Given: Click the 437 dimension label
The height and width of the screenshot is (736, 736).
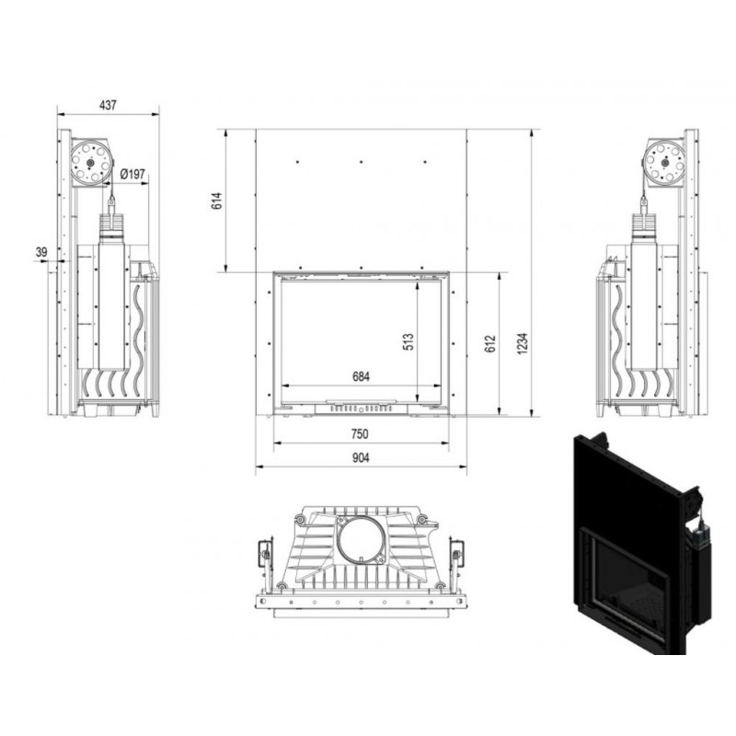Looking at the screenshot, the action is click(108, 105).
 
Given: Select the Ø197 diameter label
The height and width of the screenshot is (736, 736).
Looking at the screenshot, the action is click(132, 174).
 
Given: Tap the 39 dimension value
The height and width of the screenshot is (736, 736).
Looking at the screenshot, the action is click(41, 252).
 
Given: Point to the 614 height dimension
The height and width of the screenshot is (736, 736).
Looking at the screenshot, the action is click(217, 201).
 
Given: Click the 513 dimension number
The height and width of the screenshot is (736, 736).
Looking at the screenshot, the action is click(408, 341).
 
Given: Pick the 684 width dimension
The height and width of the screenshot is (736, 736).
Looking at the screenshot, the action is click(361, 376).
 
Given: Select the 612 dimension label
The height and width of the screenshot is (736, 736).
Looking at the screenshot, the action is click(489, 343).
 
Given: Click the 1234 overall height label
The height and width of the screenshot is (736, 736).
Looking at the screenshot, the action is click(523, 343).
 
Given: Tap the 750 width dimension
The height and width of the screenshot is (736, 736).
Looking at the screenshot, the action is click(360, 434).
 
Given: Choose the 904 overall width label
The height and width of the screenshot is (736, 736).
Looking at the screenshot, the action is click(361, 457).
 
